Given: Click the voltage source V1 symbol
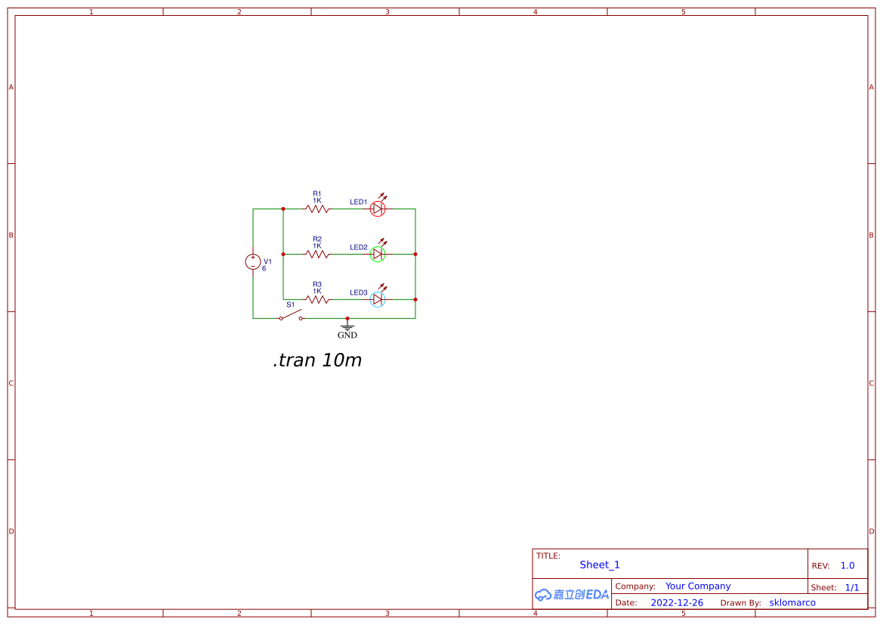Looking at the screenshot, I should (x=252, y=261).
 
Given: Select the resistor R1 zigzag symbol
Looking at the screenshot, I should (x=317, y=209).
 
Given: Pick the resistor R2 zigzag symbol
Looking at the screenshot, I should (x=317, y=254).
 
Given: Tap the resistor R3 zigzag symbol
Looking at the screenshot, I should (x=317, y=299).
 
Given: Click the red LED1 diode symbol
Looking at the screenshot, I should (x=378, y=209).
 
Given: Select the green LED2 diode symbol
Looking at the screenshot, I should (x=378, y=254).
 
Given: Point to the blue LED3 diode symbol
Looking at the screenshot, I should (x=378, y=299).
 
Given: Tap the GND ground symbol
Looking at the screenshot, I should (x=347, y=328).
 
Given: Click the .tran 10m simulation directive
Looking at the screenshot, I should (x=317, y=360).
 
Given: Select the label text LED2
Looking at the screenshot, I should (x=358, y=247).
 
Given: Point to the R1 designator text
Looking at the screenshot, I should (x=317, y=193).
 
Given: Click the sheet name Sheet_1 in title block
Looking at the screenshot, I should (x=600, y=565).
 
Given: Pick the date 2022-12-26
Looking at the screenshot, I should (x=677, y=603).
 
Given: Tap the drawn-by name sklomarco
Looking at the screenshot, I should (x=792, y=603).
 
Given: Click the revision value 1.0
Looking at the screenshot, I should (x=847, y=565).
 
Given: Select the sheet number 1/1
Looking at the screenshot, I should (x=851, y=587).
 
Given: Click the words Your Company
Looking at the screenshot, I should (x=698, y=586).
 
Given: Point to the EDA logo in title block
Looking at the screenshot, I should (x=572, y=595).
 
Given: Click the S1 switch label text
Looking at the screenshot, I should (x=290, y=305).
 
